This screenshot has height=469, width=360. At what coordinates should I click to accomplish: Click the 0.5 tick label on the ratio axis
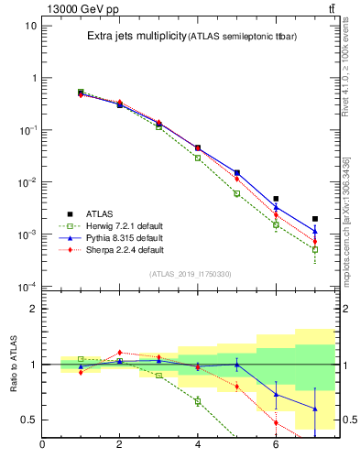coord(27,420)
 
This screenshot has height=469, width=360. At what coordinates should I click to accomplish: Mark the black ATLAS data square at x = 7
coord(315,219)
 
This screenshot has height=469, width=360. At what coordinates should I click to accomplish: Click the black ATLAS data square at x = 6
coord(276,199)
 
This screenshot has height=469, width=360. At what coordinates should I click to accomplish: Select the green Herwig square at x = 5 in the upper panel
coord(236,193)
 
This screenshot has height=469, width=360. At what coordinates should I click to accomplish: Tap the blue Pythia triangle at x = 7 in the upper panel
coord(315,232)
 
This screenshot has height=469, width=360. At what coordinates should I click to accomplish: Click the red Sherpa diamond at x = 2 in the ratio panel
coord(119,352)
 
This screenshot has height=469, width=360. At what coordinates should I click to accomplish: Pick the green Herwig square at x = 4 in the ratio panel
coord(198,401)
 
